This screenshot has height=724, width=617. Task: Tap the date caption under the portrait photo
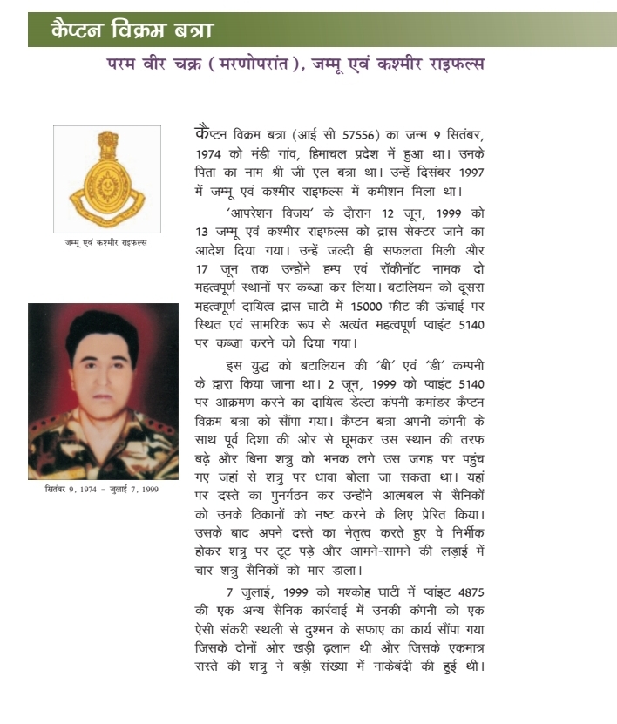tap(102, 489)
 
